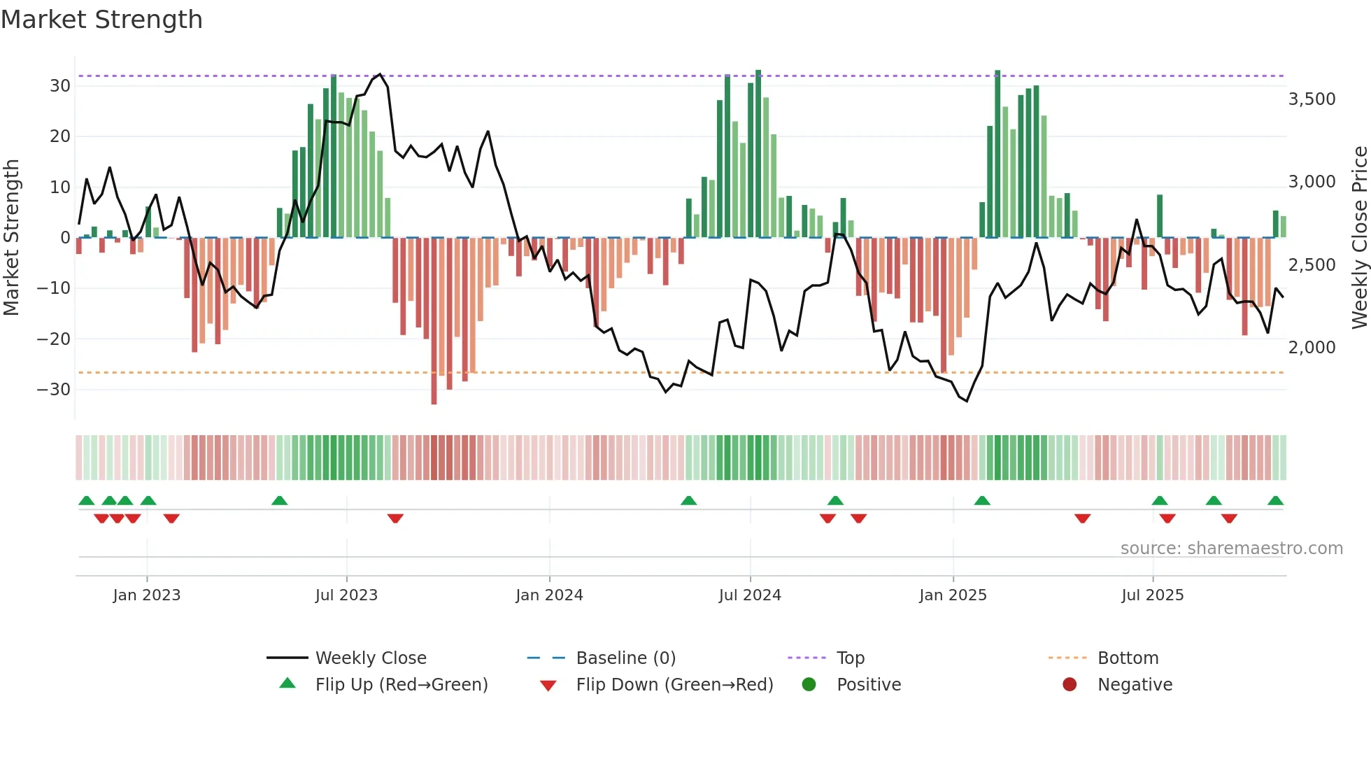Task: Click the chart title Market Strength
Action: tap(102, 20)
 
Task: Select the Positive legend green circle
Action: tap(809, 685)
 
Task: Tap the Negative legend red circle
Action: tap(1070, 685)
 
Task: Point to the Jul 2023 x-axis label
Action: tap(346, 595)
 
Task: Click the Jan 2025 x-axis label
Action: tap(953, 595)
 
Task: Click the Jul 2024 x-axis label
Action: tap(750, 595)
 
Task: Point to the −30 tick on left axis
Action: tap(55, 390)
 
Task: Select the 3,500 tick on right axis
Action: tap(1312, 99)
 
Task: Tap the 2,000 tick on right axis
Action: tap(1312, 348)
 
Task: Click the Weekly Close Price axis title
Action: tap(1359, 238)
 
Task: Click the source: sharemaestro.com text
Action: tap(1231, 549)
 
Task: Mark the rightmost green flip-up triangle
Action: tap(1275, 501)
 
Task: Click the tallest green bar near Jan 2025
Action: tap(997, 154)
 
